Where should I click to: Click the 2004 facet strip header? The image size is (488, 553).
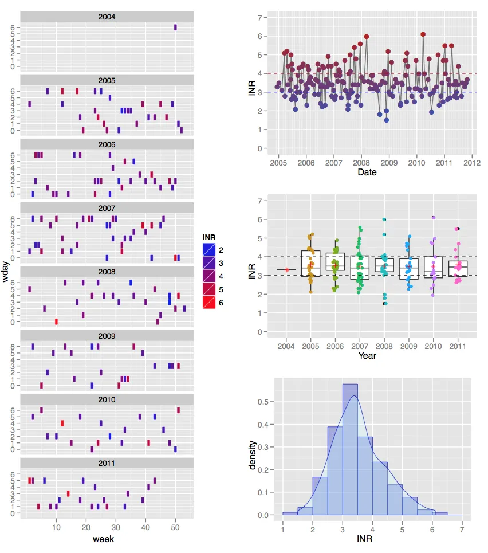(107, 17)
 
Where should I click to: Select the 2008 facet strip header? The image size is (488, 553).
(107, 272)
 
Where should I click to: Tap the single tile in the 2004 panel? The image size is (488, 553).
(175, 28)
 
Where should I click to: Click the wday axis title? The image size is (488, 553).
(6, 271)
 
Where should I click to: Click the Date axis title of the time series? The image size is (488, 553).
(367, 172)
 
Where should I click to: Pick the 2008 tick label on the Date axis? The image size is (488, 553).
(361, 163)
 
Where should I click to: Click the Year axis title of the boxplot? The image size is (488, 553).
(367, 356)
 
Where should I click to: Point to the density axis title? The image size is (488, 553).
(252, 454)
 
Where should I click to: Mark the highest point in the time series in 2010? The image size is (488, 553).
(423, 34)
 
